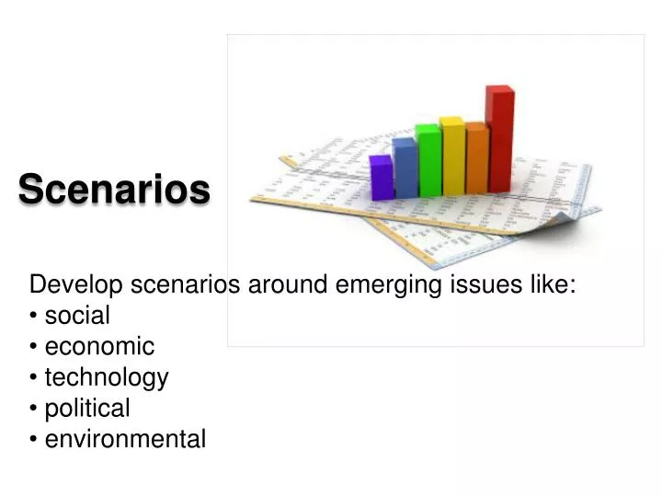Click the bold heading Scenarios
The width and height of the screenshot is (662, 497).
pyautogui.click(x=114, y=190)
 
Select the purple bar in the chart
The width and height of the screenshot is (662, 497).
pyautogui.click(x=381, y=178)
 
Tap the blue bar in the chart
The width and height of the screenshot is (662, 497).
pyautogui.click(x=405, y=168)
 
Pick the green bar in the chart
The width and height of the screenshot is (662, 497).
pyautogui.click(x=428, y=161)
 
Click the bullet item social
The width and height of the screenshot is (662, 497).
pyautogui.click(x=77, y=316)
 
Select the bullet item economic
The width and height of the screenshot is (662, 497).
pyautogui.click(x=99, y=347)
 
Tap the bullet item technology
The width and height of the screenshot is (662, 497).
pyautogui.click(x=107, y=377)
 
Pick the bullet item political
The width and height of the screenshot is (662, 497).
pyautogui.click(x=87, y=408)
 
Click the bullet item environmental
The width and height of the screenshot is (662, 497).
pyautogui.click(x=125, y=439)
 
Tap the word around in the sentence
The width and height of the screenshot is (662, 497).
pyautogui.click(x=286, y=284)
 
